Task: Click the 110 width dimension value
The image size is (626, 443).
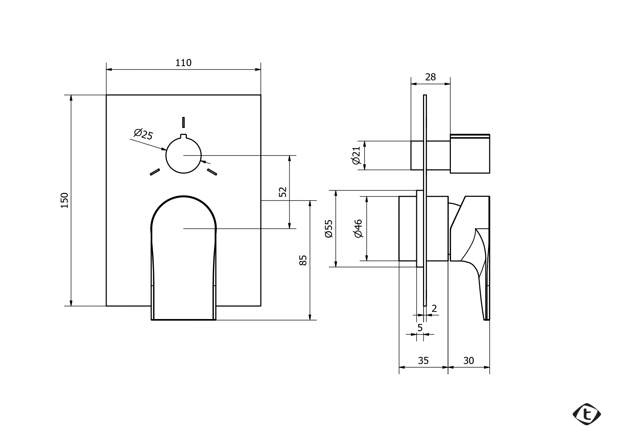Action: pyautogui.click(x=183, y=63)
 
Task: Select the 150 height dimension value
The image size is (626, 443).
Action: pyautogui.click(x=65, y=200)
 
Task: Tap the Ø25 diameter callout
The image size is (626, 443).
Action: pyautogui.click(x=144, y=134)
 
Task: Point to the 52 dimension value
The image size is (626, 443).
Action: pyautogui.click(x=283, y=192)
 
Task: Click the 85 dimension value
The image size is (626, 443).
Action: pyautogui.click(x=303, y=260)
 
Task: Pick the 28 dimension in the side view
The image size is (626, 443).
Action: pyautogui.click(x=431, y=77)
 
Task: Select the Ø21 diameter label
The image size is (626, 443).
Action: pyautogui.click(x=357, y=155)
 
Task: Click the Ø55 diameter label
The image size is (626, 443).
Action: pyautogui.click(x=329, y=229)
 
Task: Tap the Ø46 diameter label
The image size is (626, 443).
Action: pyautogui.click(x=358, y=229)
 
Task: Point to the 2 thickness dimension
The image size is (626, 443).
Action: pyautogui.click(x=434, y=308)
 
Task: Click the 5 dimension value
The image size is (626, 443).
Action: pyautogui.click(x=420, y=328)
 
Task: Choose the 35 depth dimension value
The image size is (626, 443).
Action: pyautogui.click(x=423, y=361)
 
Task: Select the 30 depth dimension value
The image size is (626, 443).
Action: pyautogui.click(x=469, y=361)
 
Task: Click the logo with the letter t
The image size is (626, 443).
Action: pyautogui.click(x=587, y=414)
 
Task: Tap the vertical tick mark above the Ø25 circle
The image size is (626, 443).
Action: pyautogui.click(x=183, y=122)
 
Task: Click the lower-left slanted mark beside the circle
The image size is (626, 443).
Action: pyautogui.click(x=155, y=172)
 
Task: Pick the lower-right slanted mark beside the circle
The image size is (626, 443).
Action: pyautogui.click(x=212, y=172)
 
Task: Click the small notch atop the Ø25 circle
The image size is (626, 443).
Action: pyautogui.click(x=183, y=136)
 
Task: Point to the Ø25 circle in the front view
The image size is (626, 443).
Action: pyautogui.click(x=166, y=155)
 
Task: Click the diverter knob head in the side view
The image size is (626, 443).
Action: pyautogui.click(x=470, y=154)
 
